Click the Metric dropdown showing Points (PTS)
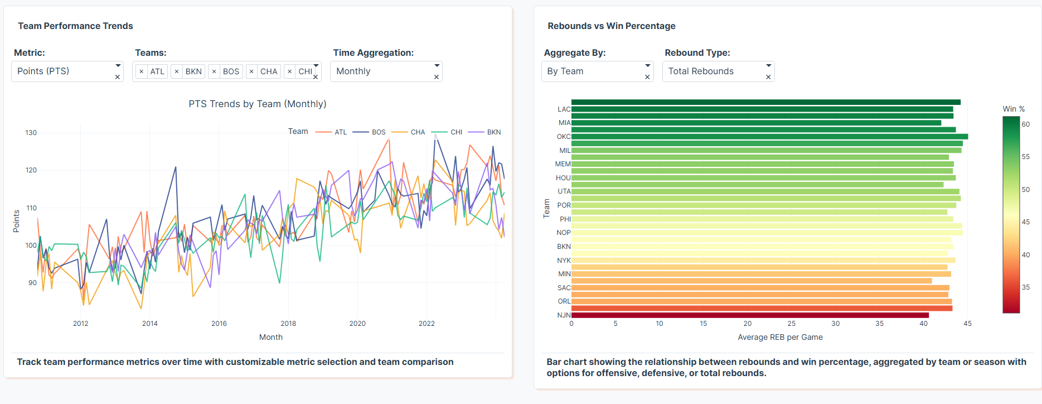[61, 71]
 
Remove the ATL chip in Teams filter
[142, 71]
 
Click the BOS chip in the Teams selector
[231, 71]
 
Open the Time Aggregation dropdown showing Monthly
[382, 71]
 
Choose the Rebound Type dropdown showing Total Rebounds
[713, 71]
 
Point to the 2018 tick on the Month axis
[288, 324]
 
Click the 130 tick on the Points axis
[31, 133]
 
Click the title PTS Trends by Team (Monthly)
[258, 104]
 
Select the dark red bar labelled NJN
[750, 315]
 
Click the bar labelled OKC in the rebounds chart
[769, 137]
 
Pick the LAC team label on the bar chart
[564, 109]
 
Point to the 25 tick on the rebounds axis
[791, 324]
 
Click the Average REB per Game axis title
[780, 337]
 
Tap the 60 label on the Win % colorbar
[1026, 124]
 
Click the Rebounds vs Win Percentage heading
[612, 26]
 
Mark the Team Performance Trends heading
[75, 26]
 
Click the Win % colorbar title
[1014, 109]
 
